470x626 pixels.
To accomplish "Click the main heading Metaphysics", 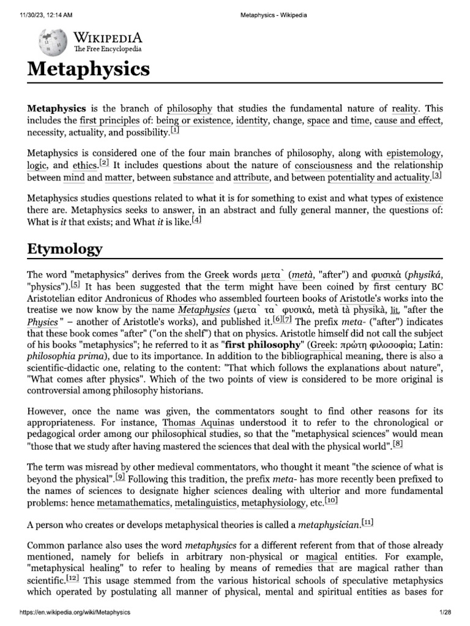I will (x=88, y=68).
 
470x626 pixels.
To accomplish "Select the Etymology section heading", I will (x=64, y=249).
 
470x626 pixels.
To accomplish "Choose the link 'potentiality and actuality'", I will (x=379, y=178).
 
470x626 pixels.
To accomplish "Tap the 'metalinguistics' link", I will (x=206, y=502).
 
